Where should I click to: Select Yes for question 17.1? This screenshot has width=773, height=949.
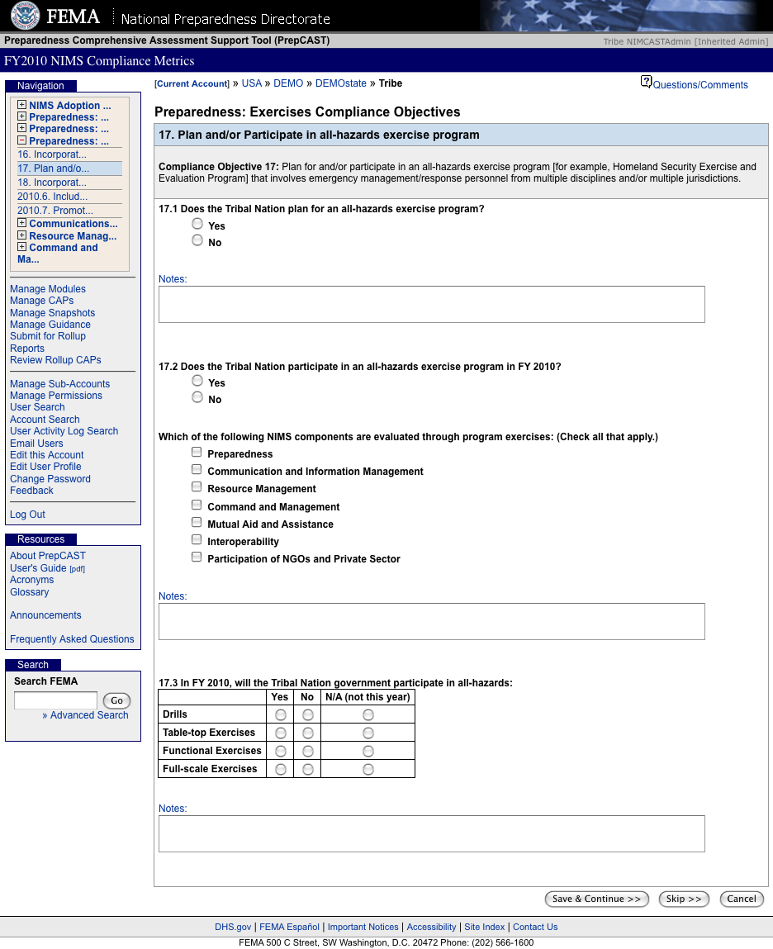point(197,224)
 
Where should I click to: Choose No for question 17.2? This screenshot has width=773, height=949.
point(197,397)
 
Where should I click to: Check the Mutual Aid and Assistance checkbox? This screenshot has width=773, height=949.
point(197,523)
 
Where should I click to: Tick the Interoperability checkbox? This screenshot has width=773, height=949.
point(197,540)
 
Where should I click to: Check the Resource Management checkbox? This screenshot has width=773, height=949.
point(197,487)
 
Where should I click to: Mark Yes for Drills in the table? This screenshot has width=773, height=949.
point(281,715)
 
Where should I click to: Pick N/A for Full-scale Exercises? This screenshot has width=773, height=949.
point(368,770)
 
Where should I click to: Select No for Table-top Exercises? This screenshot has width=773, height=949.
point(308,733)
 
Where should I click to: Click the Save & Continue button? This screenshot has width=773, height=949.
point(596,899)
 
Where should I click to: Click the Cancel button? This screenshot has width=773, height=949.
point(742,899)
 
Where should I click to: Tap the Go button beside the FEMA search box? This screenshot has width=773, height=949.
point(116,700)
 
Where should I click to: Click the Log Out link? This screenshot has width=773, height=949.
point(27,515)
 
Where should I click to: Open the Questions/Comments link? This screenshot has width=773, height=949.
point(699,85)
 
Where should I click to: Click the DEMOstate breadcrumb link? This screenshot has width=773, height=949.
point(340,83)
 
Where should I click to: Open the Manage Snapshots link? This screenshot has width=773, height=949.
point(52,313)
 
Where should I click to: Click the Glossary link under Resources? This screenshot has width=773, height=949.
point(29,592)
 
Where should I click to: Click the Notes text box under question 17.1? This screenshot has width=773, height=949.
point(431,304)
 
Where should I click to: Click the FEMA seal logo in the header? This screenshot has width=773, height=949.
point(25,16)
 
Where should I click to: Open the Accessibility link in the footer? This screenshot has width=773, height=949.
point(431,927)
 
